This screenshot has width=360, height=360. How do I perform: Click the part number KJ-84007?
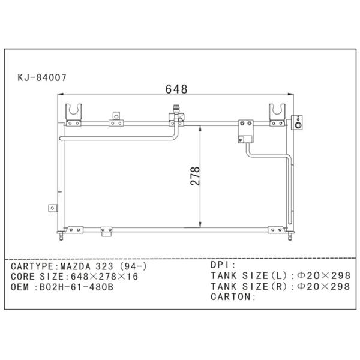pos(41,77)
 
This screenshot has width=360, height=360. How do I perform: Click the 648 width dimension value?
pos(176,89)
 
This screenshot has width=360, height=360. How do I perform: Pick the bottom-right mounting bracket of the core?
pos(276,230)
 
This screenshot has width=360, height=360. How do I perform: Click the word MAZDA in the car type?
pos(74,265)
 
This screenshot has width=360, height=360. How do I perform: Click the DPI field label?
pos(223,265)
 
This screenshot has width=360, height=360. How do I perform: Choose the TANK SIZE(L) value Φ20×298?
pos(323,275)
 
